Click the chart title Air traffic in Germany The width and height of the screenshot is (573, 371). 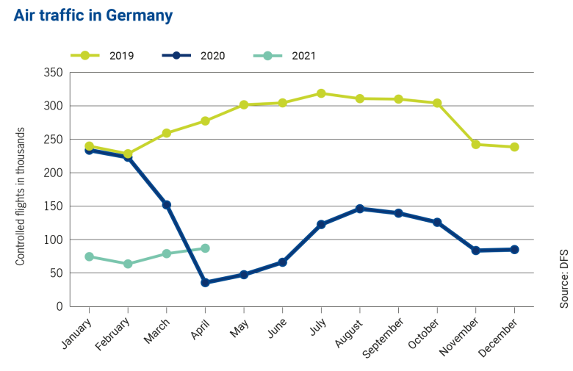point(93,15)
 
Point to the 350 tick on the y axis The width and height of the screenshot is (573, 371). point(53,73)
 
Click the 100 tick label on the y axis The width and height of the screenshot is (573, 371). point(53,240)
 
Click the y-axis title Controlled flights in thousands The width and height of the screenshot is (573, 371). point(21,196)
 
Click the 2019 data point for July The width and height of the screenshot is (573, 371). point(321,93)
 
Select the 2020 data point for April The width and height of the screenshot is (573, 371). point(206,282)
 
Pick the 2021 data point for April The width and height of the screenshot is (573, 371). point(206,248)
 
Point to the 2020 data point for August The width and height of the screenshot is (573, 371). point(360,209)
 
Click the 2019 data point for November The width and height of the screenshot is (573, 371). point(476,145)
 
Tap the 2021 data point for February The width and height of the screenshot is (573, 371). point(128,264)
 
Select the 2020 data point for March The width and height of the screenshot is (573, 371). point(167,205)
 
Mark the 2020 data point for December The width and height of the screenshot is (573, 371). point(514,250)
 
